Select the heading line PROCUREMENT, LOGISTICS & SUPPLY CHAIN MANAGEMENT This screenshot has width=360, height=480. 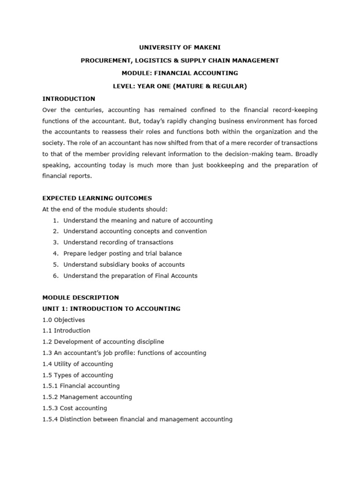[180, 60]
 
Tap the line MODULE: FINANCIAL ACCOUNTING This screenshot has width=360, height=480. [180, 73]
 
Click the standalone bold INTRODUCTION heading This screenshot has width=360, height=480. [68, 99]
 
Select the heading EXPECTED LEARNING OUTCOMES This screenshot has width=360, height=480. [97, 198]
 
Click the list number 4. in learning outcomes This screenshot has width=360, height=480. [55, 254]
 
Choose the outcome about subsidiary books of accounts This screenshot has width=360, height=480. [124, 264]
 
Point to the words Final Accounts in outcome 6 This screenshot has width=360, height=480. [178, 276]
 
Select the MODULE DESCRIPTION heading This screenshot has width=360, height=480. [81, 298]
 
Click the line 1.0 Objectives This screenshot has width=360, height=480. [64, 320]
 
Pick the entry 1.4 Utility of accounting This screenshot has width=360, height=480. [77, 364]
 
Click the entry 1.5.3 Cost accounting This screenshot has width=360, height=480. [75, 408]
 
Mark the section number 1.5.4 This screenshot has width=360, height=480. [50, 419]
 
